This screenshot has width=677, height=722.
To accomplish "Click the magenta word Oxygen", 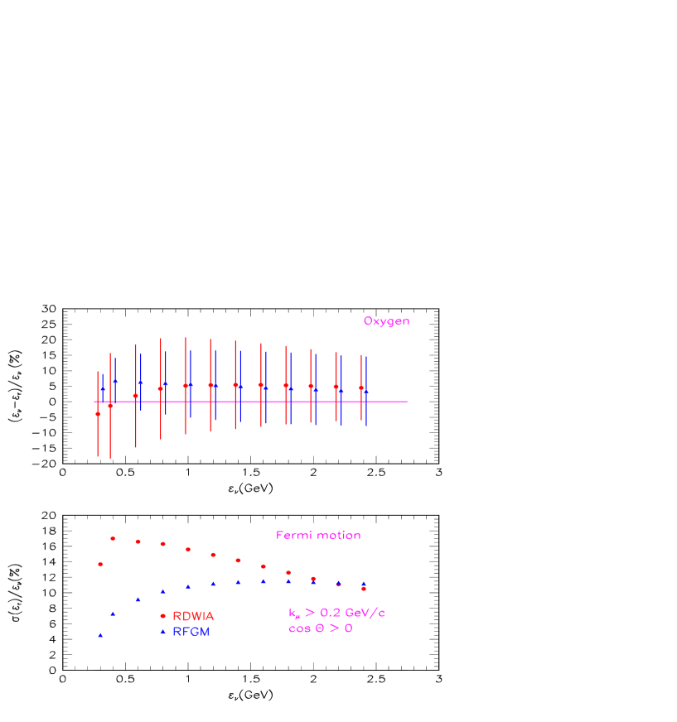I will [x=386, y=321].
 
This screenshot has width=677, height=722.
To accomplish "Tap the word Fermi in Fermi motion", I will [x=293, y=536].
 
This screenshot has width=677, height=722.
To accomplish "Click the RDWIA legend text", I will [x=193, y=616].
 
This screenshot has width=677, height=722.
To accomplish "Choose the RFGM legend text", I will [x=191, y=632].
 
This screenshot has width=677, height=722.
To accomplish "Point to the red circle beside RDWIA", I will [x=162, y=616].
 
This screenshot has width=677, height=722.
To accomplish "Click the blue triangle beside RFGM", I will [x=162, y=632].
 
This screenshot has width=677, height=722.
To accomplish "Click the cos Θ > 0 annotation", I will [x=321, y=628].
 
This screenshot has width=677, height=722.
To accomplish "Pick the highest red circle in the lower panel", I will [x=113, y=538].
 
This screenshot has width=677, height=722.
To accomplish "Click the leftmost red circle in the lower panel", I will [x=100, y=564].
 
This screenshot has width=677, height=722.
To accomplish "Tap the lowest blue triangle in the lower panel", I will [x=100, y=635].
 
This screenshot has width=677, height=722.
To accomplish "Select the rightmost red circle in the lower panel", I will [x=364, y=589].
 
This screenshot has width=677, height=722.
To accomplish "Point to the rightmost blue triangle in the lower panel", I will [x=364, y=583].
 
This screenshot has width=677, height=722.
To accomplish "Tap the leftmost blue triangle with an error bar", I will [x=103, y=387].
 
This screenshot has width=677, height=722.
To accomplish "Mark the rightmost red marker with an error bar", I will [x=361, y=387].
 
